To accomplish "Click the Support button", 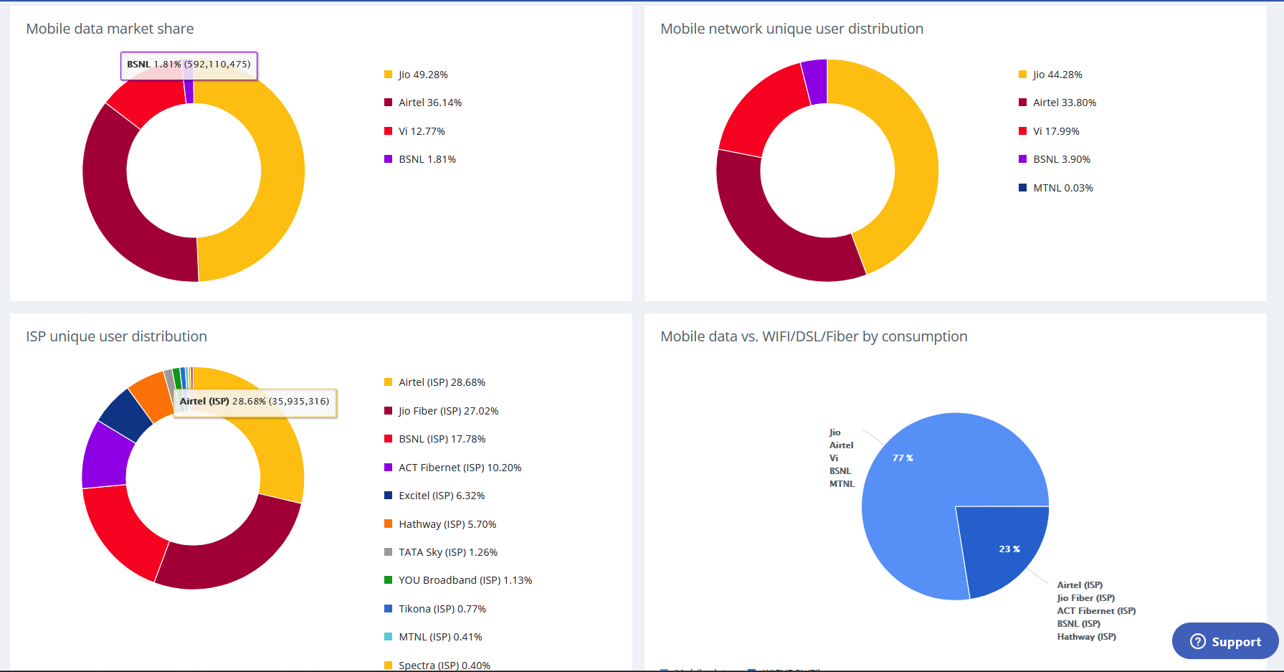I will coord(1225,641).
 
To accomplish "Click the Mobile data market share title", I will coord(110,29).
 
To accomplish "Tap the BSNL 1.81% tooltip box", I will coord(189,65).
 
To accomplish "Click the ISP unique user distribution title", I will coord(116,336).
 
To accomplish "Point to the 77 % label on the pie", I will coord(903,458).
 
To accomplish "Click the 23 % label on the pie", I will coord(1009,549).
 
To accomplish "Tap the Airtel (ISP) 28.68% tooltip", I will coord(255,402).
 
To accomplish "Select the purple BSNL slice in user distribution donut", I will coord(814,81).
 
